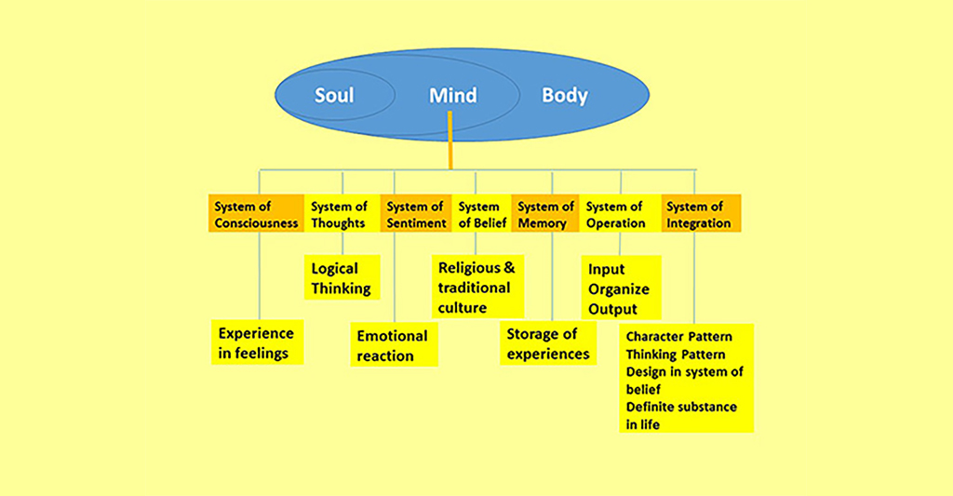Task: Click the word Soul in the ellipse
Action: coord(334,95)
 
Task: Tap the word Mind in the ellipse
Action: coord(453,95)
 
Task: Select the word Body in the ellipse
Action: coord(565,95)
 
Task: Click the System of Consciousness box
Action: coord(256,214)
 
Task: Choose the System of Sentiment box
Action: coord(415,214)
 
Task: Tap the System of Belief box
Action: coord(480,214)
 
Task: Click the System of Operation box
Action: coord(615,214)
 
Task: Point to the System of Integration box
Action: coord(700,214)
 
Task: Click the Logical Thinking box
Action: coord(342,278)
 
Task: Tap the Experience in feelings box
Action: coord(256,342)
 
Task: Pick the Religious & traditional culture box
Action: coord(476,287)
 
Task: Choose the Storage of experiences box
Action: coord(548,343)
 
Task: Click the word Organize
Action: coord(619,289)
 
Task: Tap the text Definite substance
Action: coord(681,407)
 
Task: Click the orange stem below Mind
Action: coord(450,140)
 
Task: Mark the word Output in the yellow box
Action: coord(612,309)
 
